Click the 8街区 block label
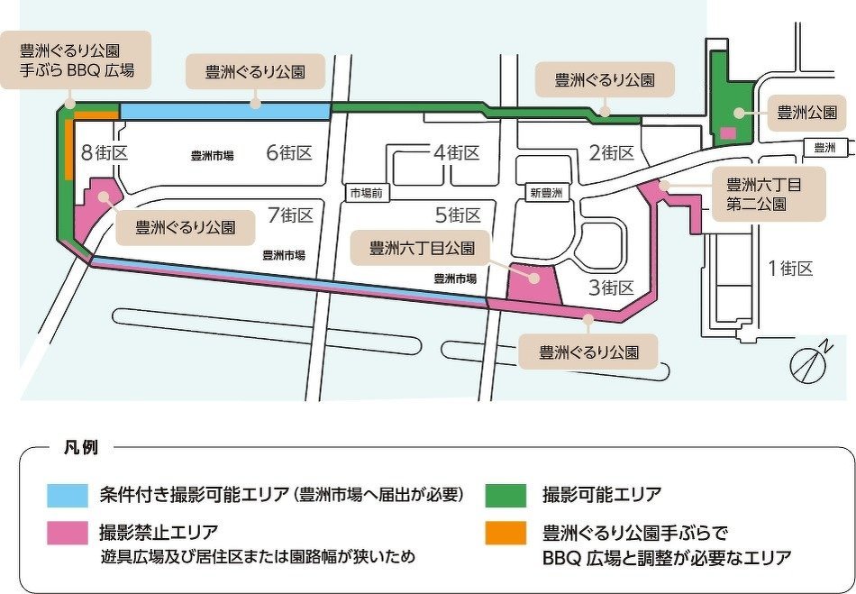(105, 152)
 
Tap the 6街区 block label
(288, 152)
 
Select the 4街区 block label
(456, 152)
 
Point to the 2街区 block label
(613, 152)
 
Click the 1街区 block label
(790, 268)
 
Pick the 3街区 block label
(612, 288)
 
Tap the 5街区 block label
(458, 215)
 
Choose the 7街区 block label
(290, 215)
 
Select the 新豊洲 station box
(546, 193)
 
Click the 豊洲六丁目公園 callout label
(422, 246)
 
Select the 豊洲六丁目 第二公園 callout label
(769, 194)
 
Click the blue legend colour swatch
(68, 495)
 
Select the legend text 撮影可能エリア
(601, 495)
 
